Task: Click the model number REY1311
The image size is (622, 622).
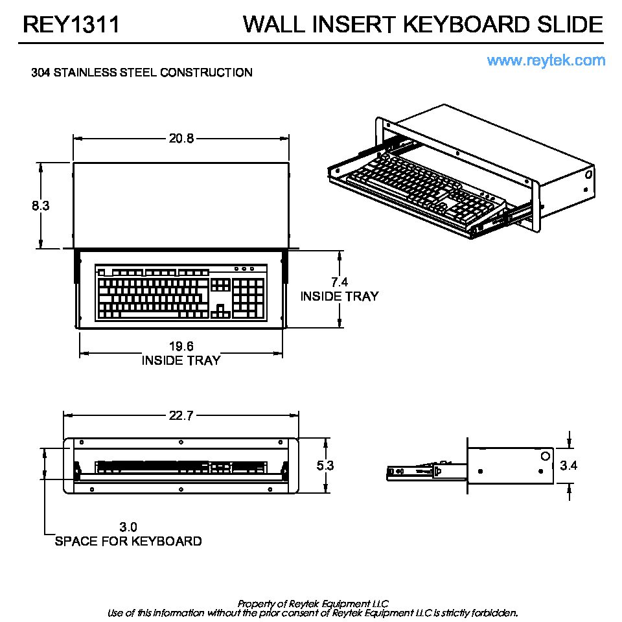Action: click(x=71, y=25)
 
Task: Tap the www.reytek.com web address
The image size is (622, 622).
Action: click(x=546, y=61)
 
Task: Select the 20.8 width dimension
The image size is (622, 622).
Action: click(x=181, y=138)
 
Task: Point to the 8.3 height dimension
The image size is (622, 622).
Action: click(x=41, y=206)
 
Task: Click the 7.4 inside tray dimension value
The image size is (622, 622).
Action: click(x=340, y=282)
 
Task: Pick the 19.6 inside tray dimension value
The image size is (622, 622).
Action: click(x=181, y=347)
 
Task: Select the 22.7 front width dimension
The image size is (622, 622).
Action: click(x=181, y=416)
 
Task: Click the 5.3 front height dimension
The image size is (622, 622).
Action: click(x=326, y=465)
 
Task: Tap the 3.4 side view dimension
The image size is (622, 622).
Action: click(x=568, y=465)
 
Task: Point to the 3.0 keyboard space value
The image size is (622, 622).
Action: click(x=128, y=527)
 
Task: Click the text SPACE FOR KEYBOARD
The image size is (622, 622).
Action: click(x=128, y=541)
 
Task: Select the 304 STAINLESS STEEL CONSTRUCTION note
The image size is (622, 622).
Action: click(x=142, y=73)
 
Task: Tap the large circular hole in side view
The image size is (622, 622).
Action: click(x=544, y=456)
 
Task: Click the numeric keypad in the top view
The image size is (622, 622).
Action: click(x=249, y=299)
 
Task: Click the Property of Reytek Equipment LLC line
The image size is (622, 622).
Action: click(x=312, y=603)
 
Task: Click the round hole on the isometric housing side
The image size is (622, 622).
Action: click(x=588, y=175)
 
